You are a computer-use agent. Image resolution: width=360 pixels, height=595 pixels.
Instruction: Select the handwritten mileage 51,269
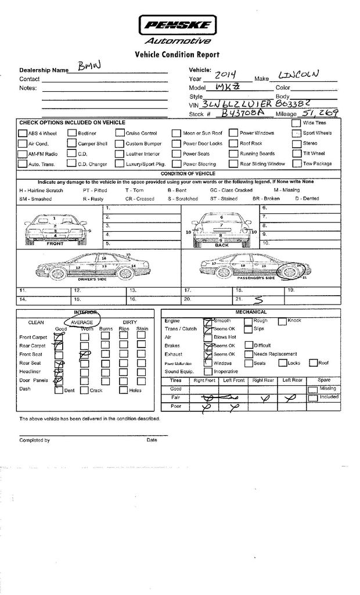tap(320, 113)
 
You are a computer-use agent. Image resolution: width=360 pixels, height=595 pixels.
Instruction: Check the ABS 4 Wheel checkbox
tap(23, 133)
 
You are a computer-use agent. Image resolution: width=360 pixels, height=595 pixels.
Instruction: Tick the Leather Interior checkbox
tap(120, 154)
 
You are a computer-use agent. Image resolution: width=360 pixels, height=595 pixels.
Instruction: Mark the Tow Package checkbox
tap(296, 164)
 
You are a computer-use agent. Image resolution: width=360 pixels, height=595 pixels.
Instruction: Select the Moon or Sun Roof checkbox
tap(177, 133)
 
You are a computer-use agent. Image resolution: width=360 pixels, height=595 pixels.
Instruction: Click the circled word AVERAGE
tap(81, 322)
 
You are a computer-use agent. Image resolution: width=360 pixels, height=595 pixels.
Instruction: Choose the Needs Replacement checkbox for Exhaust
tap(249, 354)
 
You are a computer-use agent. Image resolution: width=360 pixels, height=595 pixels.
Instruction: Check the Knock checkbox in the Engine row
tap(282, 321)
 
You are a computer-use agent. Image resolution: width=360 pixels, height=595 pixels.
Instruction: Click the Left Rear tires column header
tap(292, 380)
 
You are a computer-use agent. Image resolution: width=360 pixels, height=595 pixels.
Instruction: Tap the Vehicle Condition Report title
tap(177, 55)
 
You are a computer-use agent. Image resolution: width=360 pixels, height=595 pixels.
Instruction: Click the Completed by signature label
tap(35, 440)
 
